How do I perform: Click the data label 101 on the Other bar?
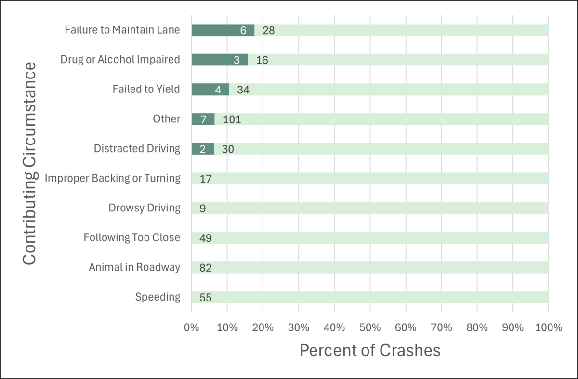click(x=232, y=119)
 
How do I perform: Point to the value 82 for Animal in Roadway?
click(x=206, y=268)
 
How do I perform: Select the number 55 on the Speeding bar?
click(x=206, y=297)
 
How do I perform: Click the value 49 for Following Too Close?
click(x=206, y=238)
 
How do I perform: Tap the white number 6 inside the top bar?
click(x=243, y=30)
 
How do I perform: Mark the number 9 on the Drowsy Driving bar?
click(x=203, y=209)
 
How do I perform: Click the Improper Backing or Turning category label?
click(x=113, y=179)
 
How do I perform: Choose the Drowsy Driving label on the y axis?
click(x=144, y=209)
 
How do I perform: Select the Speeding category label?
click(x=158, y=297)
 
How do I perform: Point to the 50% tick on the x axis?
click(x=370, y=328)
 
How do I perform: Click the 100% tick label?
click(x=548, y=328)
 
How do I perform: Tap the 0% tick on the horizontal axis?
click(x=192, y=328)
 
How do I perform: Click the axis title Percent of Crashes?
click(x=370, y=350)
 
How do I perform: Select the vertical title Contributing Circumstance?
click(x=30, y=163)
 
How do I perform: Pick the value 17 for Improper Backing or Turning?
click(x=206, y=179)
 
